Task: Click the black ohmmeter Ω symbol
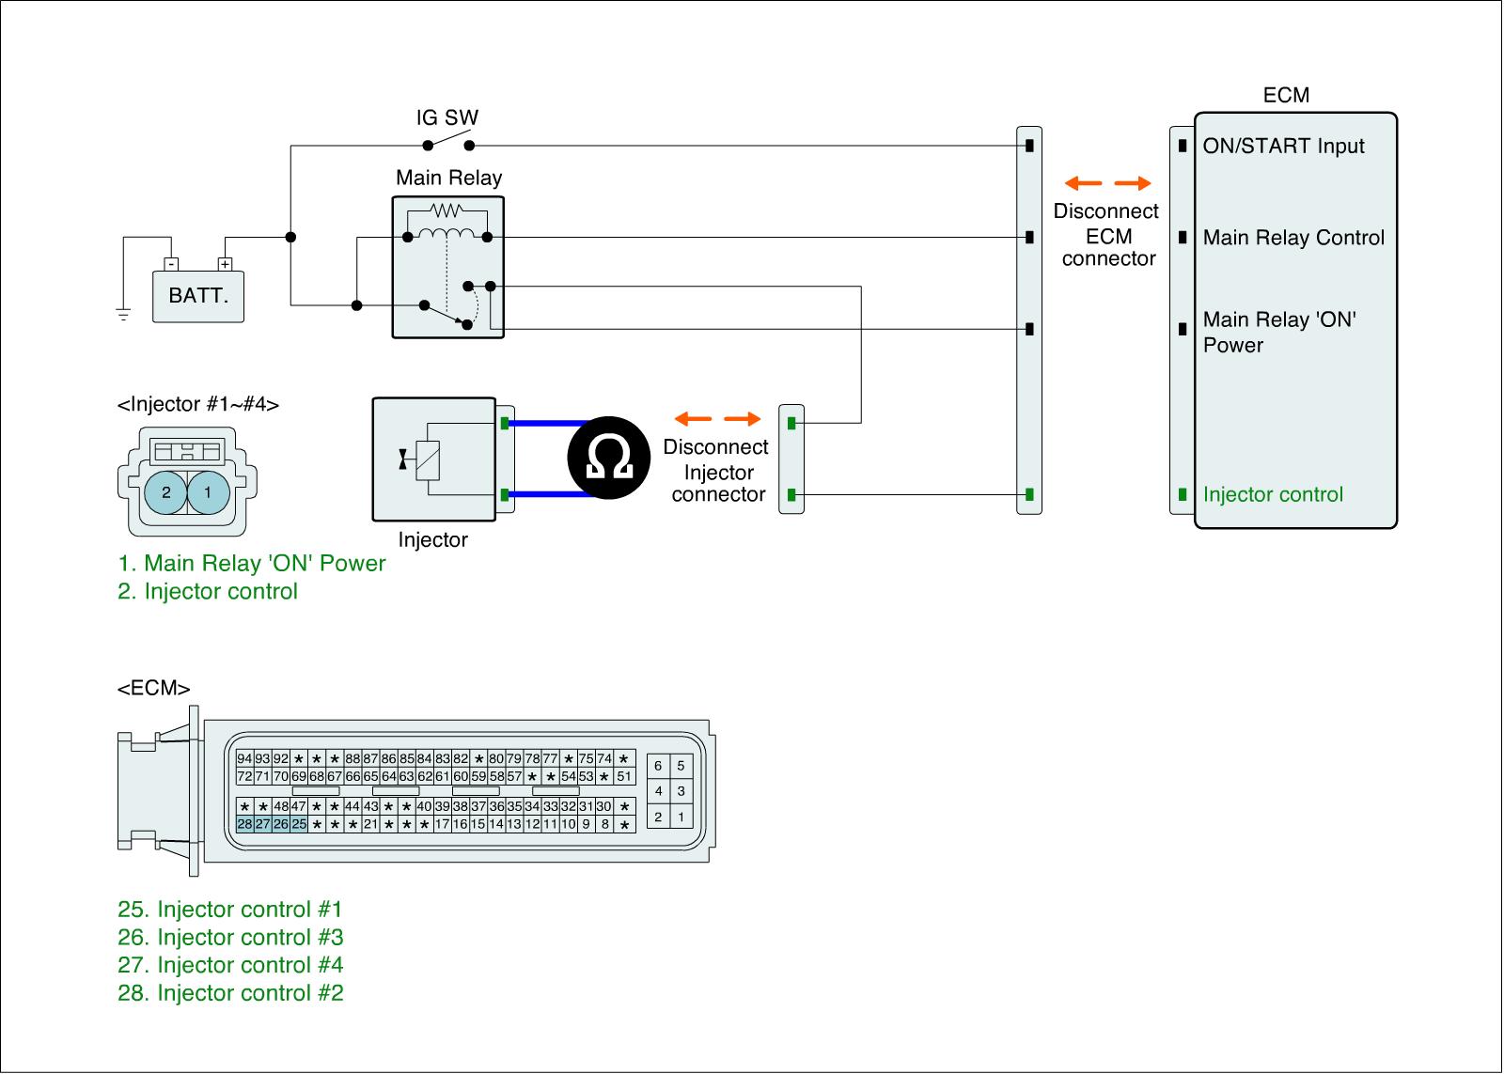coord(608,458)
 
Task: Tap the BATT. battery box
coord(198,296)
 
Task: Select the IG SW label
coord(447,118)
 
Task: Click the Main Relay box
coord(448,267)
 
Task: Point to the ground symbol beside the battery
coord(123,314)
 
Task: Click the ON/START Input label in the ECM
coord(1283,147)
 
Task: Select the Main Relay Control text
coord(1293,238)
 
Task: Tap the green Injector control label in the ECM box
coord(1273,495)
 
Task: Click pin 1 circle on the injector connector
coord(208,491)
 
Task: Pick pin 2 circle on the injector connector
coord(166,491)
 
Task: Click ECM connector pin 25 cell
coord(299,824)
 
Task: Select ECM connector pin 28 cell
coord(244,824)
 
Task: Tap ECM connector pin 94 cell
coord(244,759)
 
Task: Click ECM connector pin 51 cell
coord(624,777)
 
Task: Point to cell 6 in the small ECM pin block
coord(658,766)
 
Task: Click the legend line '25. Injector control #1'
coord(229,910)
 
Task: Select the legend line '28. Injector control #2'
coord(230,993)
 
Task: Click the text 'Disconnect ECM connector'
coord(1107,235)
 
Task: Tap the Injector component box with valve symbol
coord(434,459)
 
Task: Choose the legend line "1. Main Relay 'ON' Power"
coord(251,564)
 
